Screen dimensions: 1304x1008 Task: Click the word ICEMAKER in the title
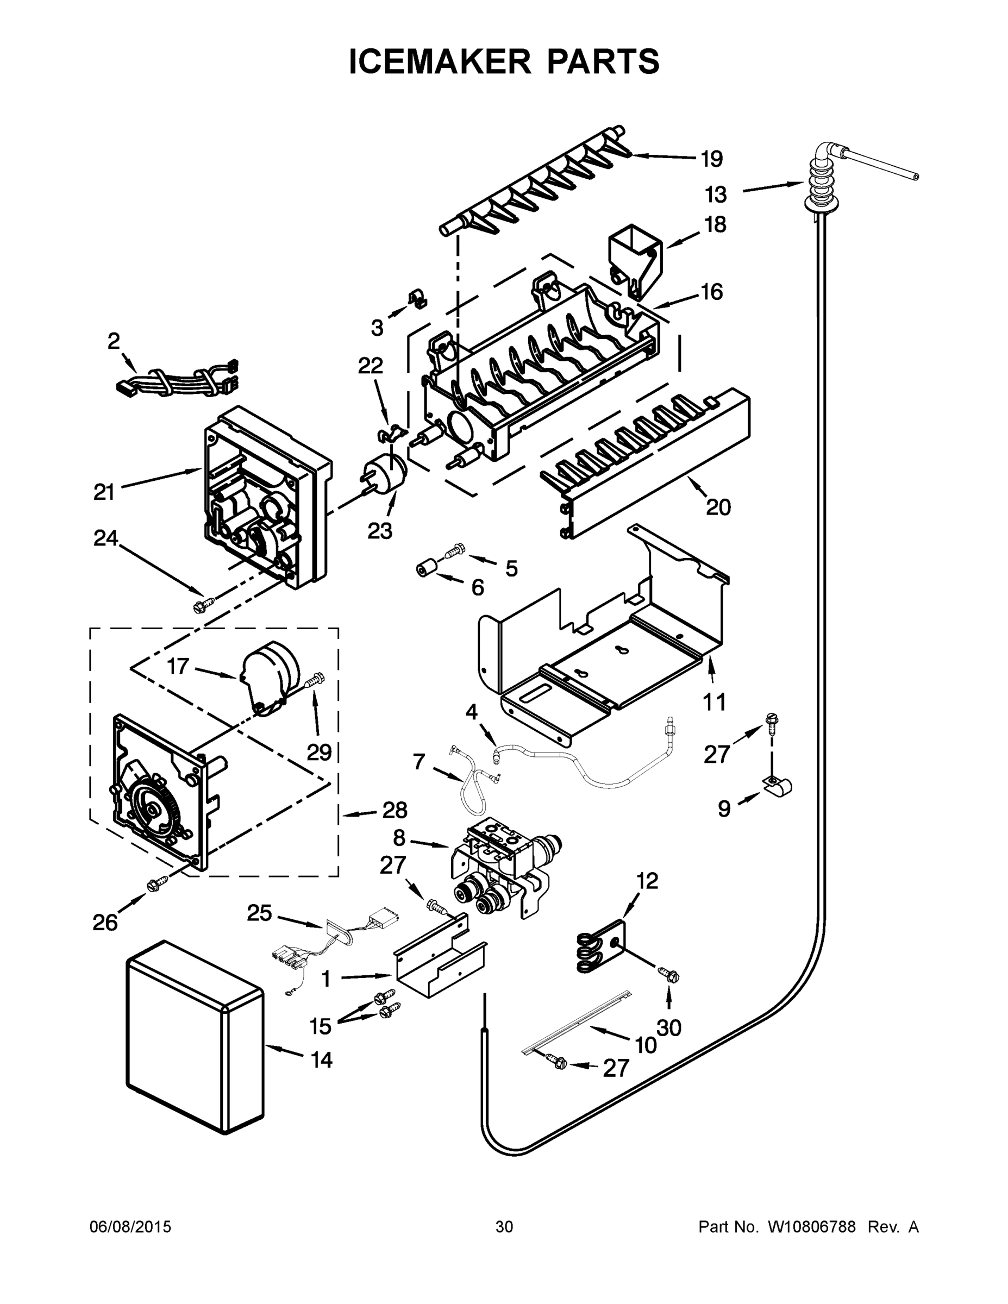pos(440,61)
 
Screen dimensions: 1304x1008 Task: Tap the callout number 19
pos(712,159)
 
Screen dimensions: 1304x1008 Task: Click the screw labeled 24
pos(199,606)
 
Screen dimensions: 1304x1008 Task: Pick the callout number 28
pos(395,810)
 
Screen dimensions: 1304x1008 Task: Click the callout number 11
pos(714,702)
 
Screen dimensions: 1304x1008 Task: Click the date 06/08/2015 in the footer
pos(130,1227)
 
